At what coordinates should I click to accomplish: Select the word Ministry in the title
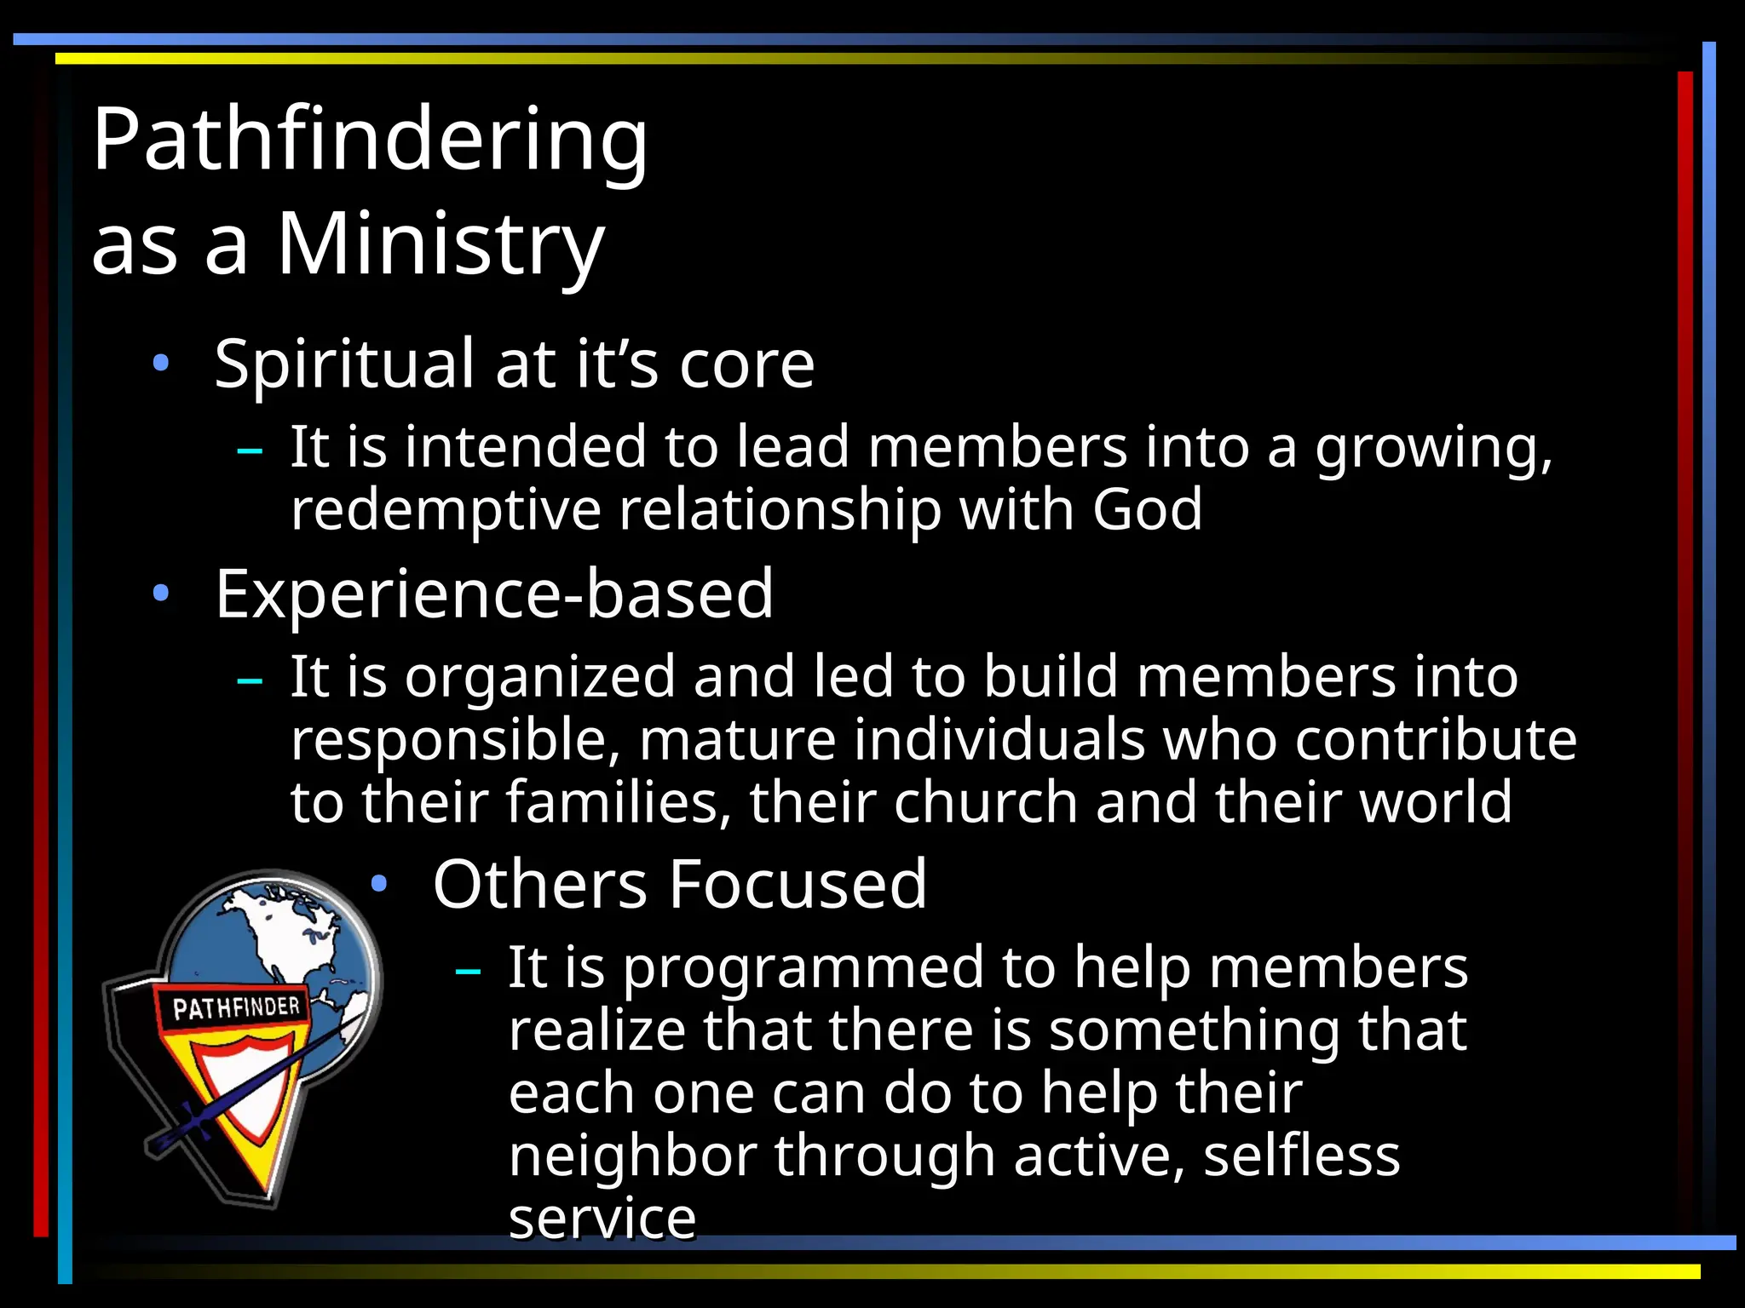[441, 245]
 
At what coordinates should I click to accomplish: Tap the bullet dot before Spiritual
[160, 364]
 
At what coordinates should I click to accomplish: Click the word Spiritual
[343, 364]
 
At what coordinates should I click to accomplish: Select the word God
[1147, 509]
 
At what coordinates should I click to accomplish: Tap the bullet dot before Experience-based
[160, 594]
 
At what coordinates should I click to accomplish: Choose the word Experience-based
[494, 594]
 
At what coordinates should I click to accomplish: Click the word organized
[539, 678]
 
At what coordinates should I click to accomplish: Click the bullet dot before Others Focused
[379, 884]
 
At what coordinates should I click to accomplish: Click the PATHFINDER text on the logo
[236, 1008]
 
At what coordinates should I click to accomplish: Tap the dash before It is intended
[249, 450]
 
